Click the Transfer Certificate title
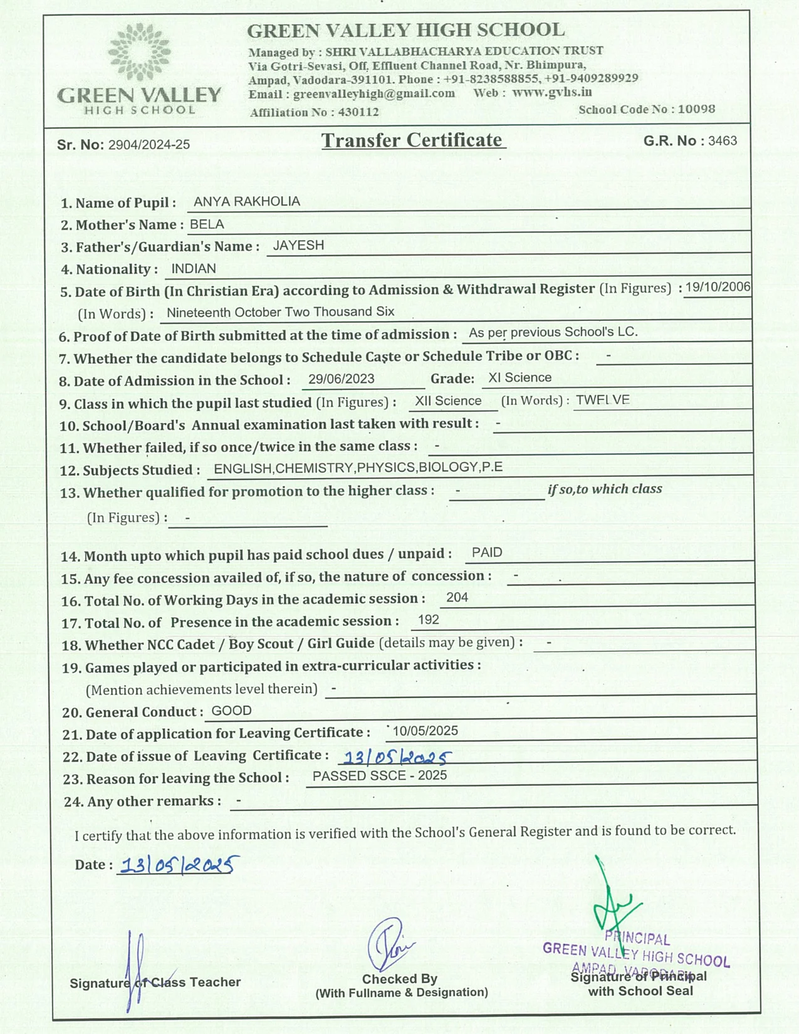pyautogui.click(x=412, y=140)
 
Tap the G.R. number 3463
pyautogui.click(x=723, y=140)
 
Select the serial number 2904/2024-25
pyautogui.click(x=149, y=145)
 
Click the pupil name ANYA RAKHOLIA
pyautogui.click(x=247, y=201)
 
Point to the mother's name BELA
pyautogui.click(x=207, y=224)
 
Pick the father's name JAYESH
pyautogui.click(x=298, y=245)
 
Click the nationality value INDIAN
pyautogui.click(x=193, y=268)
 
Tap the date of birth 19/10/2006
pyautogui.click(x=717, y=287)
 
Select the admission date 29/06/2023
pyautogui.click(x=341, y=379)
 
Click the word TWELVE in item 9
pyautogui.click(x=602, y=400)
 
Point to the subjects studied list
pyautogui.click(x=358, y=467)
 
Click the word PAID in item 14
pyautogui.click(x=487, y=552)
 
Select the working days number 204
pyautogui.click(x=457, y=597)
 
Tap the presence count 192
pyautogui.click(x=428, y=620)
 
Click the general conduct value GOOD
pyautogui.click(x=231, y=711)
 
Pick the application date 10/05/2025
pyautogui.click(x=425, y=731)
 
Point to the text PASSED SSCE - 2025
pyautogui.click(x=379, y=776)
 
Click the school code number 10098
pyautogui.click(x=696, y=109)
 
